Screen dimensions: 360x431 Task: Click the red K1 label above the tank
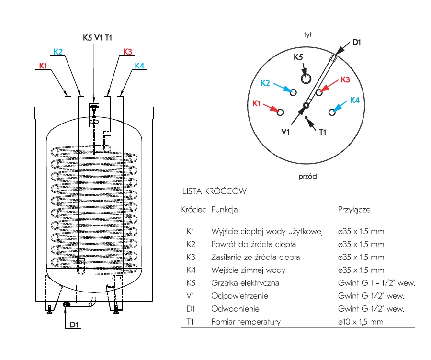coord(43,66)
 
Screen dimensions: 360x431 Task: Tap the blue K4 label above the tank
coord(139,66)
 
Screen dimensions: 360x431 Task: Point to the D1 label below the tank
coord(74,325)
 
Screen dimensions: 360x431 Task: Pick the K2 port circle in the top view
coord(293,92)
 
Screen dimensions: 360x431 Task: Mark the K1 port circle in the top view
coord(280,112)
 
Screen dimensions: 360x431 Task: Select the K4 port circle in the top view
coord(331,112)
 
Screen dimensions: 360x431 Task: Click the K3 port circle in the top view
coord(319,92)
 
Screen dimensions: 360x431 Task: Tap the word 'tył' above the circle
coord(308,34)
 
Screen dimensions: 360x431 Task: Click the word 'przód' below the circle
coord(308,176)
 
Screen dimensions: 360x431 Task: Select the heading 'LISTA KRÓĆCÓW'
coord(214,191)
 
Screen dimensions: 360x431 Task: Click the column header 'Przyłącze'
coord(354,210)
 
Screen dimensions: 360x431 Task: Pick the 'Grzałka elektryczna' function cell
coord(245,283)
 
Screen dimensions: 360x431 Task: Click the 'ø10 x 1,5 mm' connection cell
coord(361,322)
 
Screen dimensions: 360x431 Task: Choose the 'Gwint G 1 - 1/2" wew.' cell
coord(376,283)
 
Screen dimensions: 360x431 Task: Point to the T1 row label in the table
coord(190,322)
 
